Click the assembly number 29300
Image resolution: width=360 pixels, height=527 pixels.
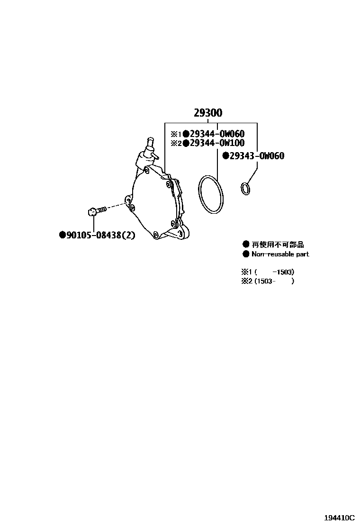tap(207, 113)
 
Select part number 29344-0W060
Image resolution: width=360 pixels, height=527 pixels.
tap(217, 134)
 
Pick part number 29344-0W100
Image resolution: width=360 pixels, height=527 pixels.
tap(217, 143)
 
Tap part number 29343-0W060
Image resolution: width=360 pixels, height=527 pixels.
tap(257, 156)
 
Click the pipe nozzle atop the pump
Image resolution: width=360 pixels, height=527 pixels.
tap(149, 145)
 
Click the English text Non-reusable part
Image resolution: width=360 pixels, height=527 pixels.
tap(280, 254)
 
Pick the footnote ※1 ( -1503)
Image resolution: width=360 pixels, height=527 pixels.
tap(268, 272)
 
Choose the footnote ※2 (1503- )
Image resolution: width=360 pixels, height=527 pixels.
tap(268, 281)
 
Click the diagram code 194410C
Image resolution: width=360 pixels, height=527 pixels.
tap(339, 518)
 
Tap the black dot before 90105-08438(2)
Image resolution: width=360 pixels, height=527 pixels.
tap(62, 235)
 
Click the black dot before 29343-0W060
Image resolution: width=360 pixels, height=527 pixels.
tap(225, 156)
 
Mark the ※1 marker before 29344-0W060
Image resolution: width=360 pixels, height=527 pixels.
tap(176, 135)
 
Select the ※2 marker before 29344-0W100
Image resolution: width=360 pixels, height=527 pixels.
tap(176, 143)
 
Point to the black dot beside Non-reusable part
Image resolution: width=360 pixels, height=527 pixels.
tap(246, 254)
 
